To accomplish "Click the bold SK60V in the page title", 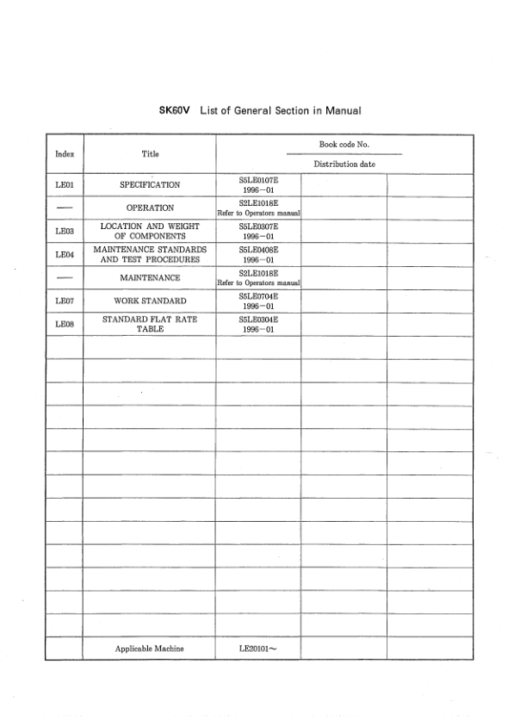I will click(177, 111).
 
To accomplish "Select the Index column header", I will click(64, 154).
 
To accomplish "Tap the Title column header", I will click(150, 154).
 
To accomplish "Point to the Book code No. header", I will click(344, 145).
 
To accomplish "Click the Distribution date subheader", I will click(344, 164).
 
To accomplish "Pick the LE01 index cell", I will click(64, 184).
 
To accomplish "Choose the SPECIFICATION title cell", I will click(150, 184).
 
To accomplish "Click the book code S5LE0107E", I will click(258, 180).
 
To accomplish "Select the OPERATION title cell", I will click(150, 208).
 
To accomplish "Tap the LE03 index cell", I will click(64, 232).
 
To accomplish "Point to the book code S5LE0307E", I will click(258, 226).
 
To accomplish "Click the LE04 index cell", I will click(64, 255).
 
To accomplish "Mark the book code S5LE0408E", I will click(258, 250).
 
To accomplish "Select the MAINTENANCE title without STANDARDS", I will click(150, 278).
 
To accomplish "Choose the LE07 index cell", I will click(64, 301).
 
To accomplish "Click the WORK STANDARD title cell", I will click(150, 301).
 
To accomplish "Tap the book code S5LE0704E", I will click(258, 296).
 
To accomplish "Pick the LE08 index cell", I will click(64, 325).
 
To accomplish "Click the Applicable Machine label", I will click(150, 648).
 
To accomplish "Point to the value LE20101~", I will click(258, 648).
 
